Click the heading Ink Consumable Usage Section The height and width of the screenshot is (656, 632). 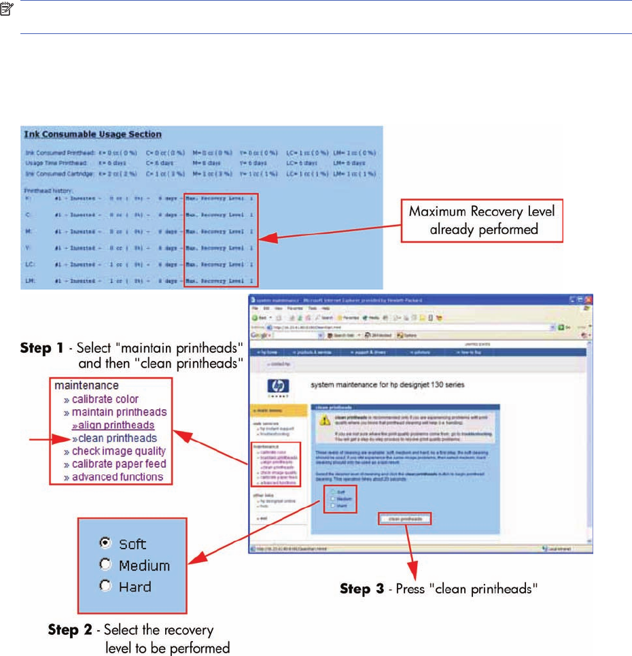click(92, 135)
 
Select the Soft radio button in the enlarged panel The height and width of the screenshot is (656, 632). click(105, 543)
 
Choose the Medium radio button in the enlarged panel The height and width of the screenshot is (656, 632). click(105, 564)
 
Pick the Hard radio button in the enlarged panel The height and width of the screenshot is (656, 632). click(105, 585)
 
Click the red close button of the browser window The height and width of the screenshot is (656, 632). click(589, 300)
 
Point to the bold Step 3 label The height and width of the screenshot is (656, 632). click(364, 589)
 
